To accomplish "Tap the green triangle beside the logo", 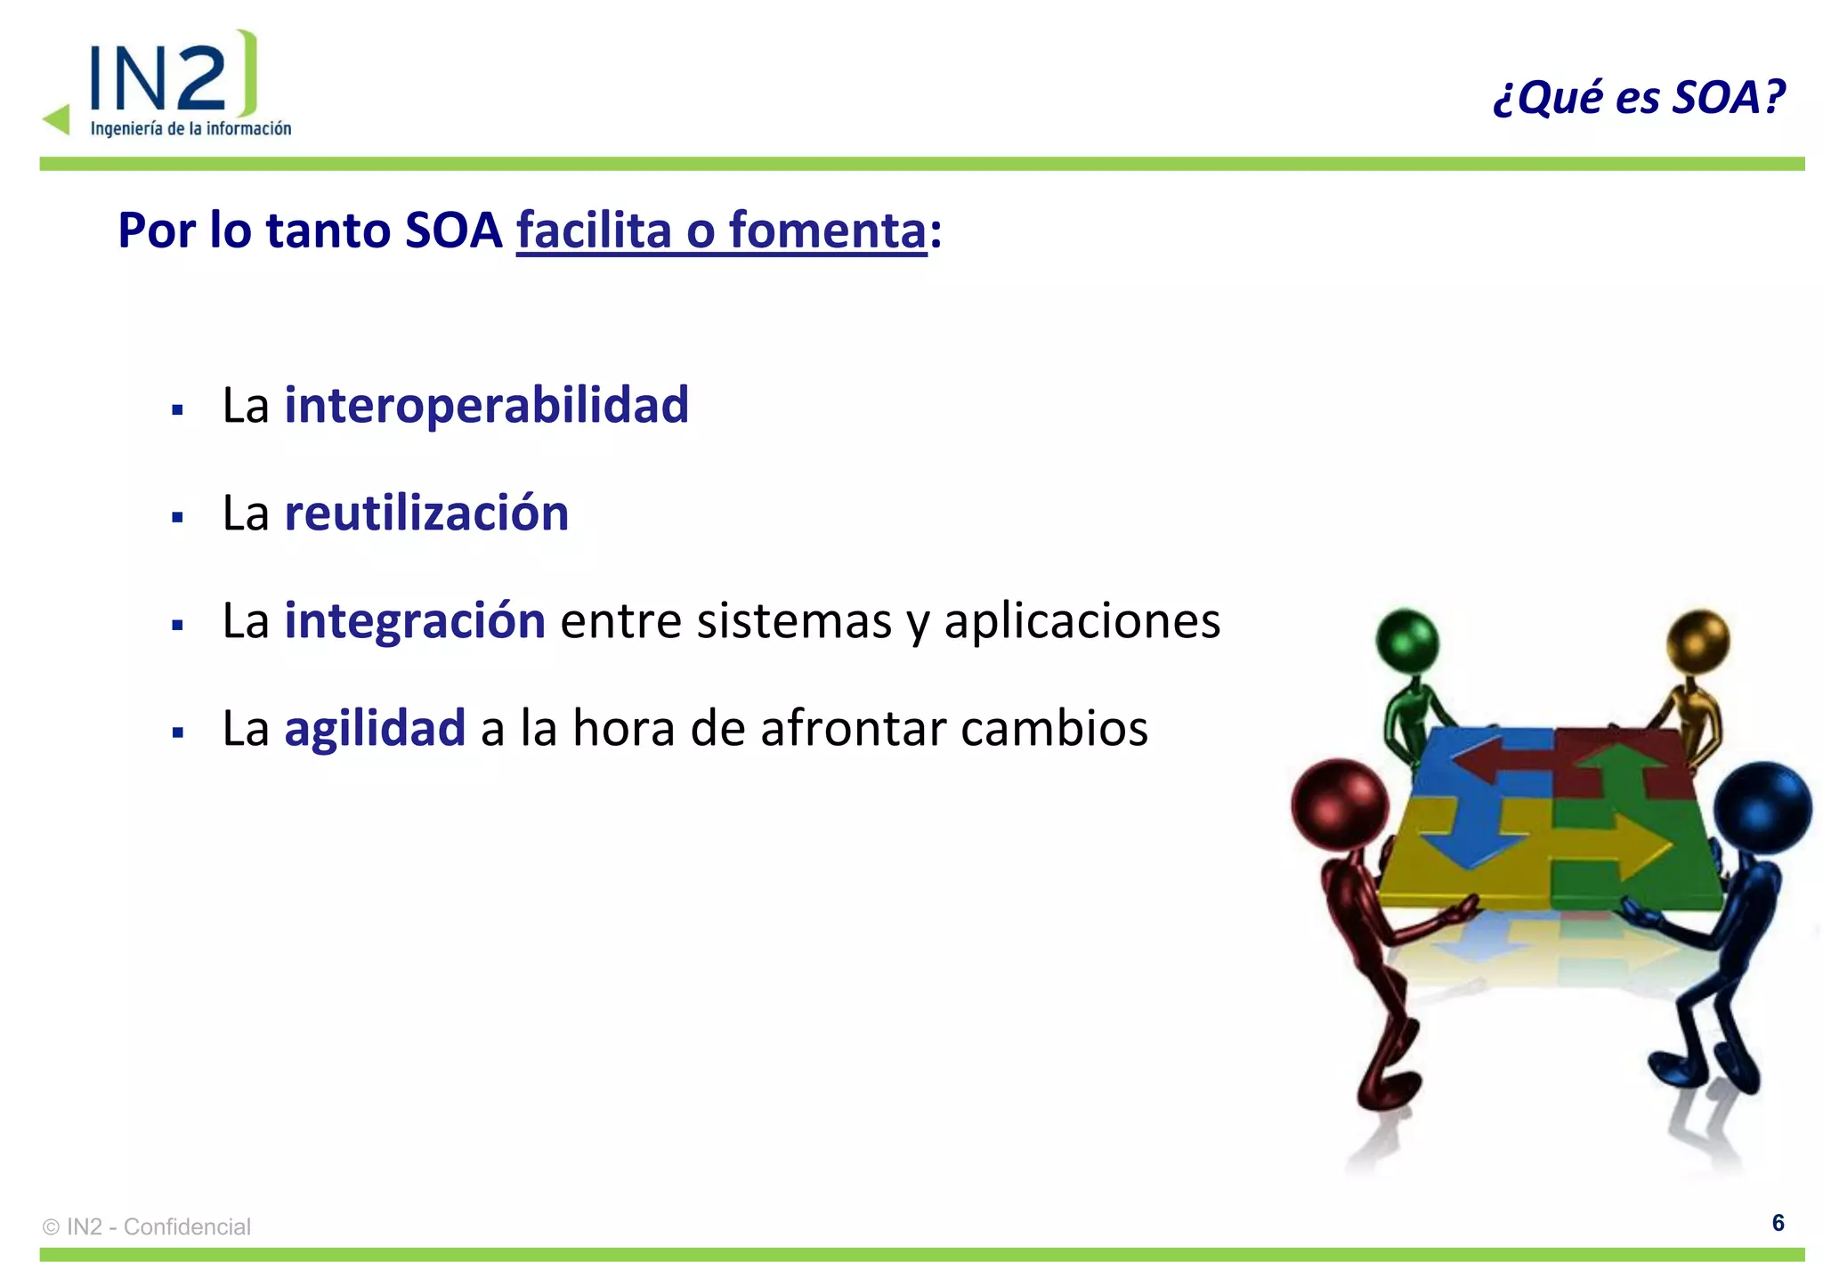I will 57,119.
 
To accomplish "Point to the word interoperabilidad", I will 486,405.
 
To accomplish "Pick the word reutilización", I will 426,513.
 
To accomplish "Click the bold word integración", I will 415,620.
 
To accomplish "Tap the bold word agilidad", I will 375,728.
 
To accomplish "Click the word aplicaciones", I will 1082,620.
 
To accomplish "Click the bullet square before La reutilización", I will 177,517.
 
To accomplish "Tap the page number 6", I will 1778,1223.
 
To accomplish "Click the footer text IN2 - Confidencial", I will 158,1226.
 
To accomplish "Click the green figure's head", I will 1407,640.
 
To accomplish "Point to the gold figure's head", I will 1697,640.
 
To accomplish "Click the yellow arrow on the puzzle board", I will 1611,841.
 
